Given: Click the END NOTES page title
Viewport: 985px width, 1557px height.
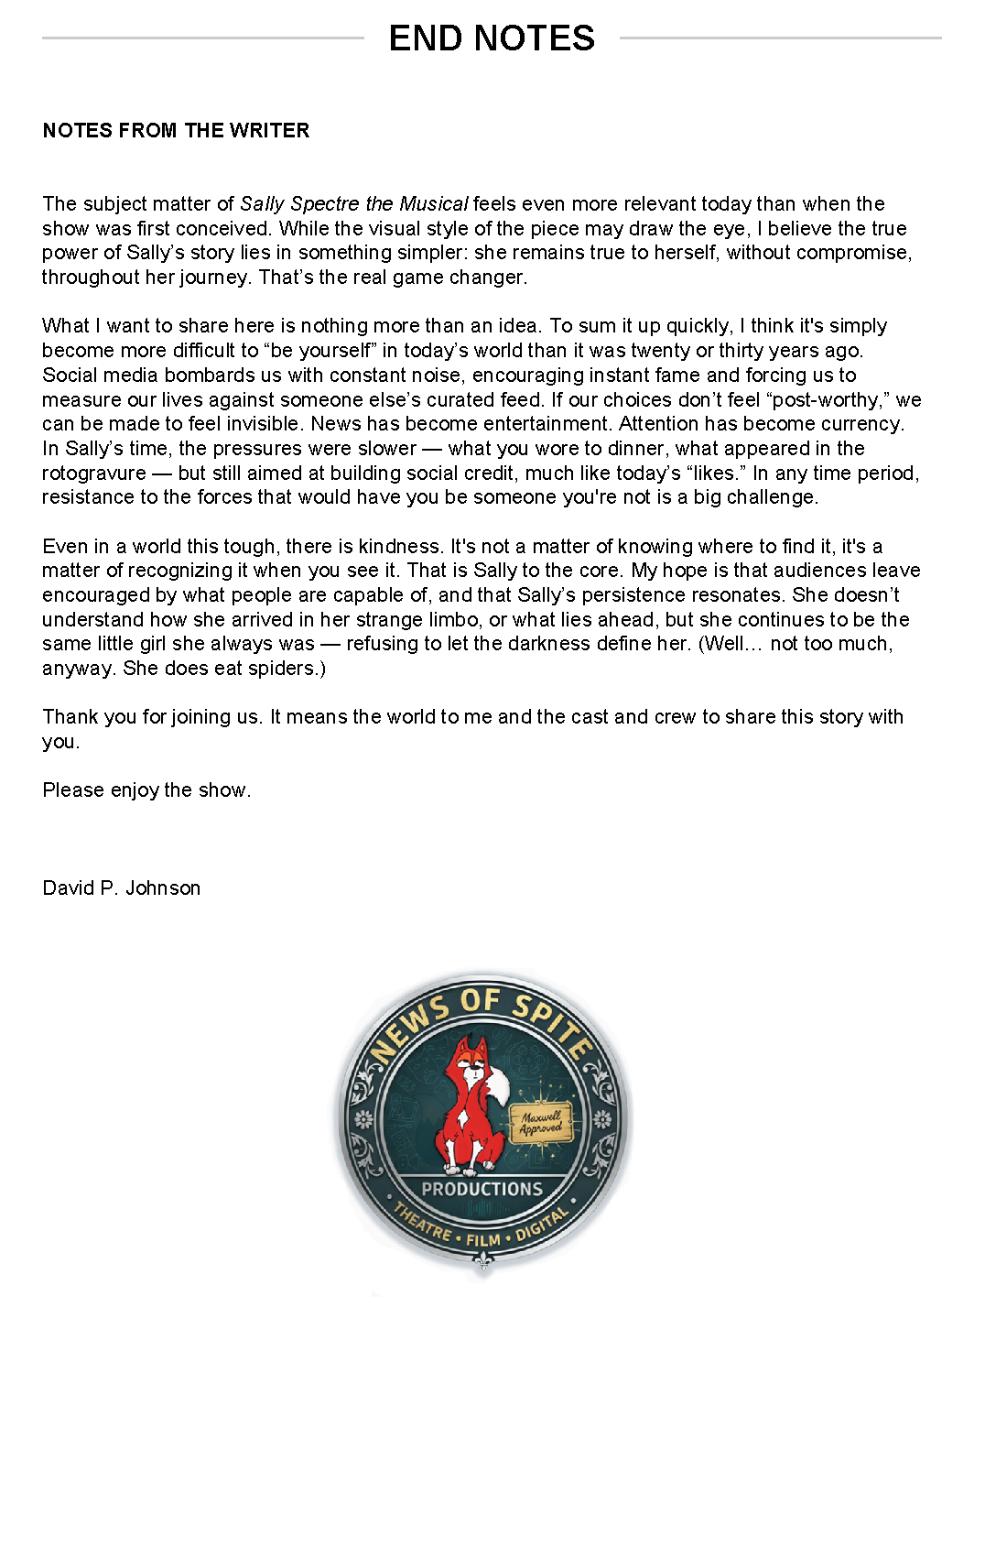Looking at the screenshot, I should click(x=492, y=38).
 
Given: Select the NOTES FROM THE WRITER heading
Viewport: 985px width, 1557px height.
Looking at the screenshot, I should click(x=176, y=130).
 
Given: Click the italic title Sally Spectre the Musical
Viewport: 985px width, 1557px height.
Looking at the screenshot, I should click(x=353, y=203).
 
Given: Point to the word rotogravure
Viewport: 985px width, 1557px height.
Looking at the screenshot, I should click(x=94, y=473).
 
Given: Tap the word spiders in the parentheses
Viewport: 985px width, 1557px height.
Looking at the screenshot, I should click(x=284, y=668).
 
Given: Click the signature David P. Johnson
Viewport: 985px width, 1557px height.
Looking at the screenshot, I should click(x=121, y=887).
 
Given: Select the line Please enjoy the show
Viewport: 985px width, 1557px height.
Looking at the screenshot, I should click(x=146, y=789).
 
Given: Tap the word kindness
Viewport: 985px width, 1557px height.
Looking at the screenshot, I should click(x=400, y=546).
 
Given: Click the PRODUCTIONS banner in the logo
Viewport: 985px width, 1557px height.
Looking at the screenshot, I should click(x=482, y=1189).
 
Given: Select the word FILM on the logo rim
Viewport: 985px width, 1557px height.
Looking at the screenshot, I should click(x=482, y=1239).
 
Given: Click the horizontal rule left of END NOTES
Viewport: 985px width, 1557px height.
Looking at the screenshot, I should click(x=202, y=38).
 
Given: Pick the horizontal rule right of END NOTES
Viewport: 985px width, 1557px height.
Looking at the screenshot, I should click(x=780, y=38).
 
